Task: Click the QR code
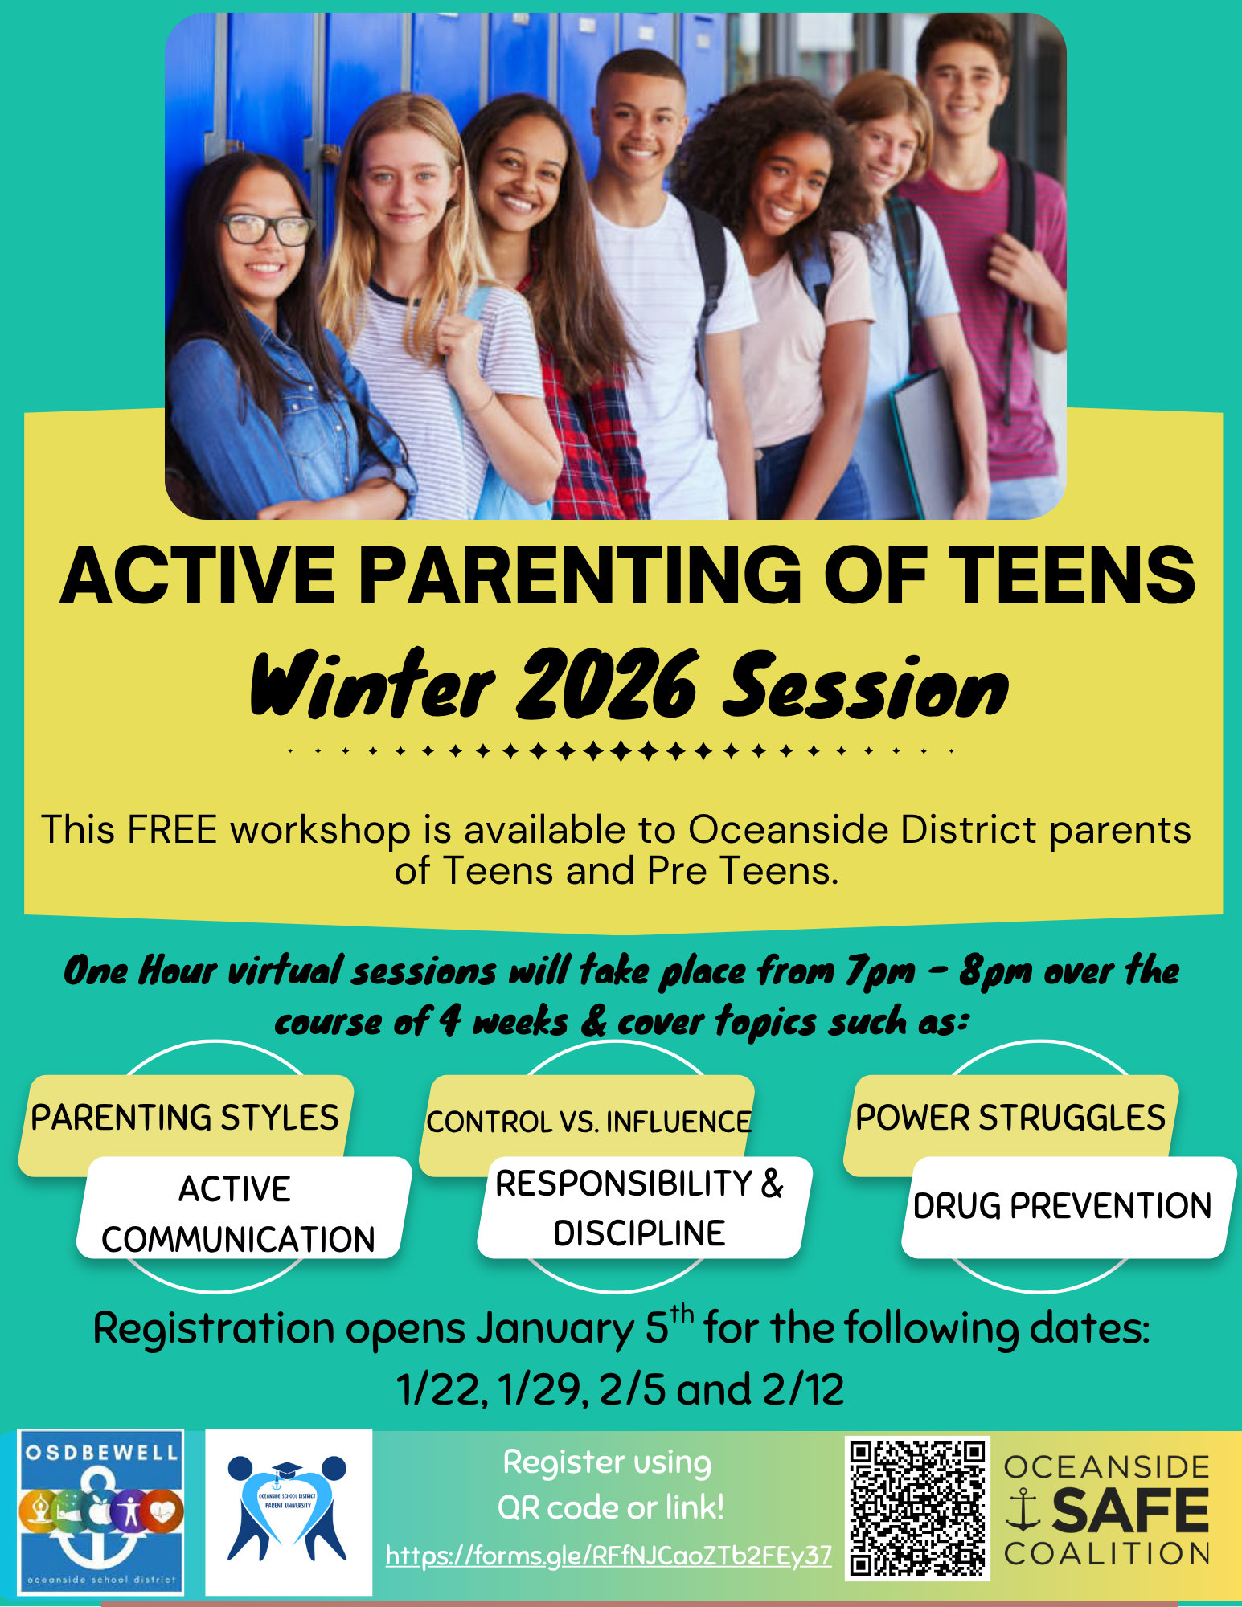point(916,1509)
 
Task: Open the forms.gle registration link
point(609,1556)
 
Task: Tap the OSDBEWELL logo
point(101,1511)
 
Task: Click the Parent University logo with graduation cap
point(288,1511)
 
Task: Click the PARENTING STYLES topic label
point(185,1118)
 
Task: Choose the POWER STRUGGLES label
point(1010,1118)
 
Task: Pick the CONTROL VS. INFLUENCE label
point(588,1122)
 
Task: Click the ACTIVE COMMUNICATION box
point(238,1213)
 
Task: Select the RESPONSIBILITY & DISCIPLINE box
point(640,1208)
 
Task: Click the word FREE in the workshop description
point(172,830)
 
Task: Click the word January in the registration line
point(555,1329)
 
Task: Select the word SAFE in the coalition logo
point(1130,1511)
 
